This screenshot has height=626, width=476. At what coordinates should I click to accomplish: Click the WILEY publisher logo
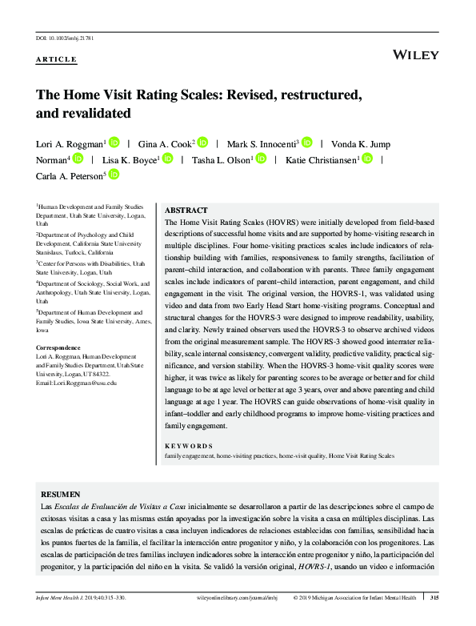(x=416, y=54)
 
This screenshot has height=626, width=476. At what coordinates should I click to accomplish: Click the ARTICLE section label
(x=56, y=60)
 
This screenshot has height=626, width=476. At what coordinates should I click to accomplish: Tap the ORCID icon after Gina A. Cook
(x=202, y=142)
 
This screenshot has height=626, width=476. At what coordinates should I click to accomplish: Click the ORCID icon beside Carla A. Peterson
(x=114, y=175)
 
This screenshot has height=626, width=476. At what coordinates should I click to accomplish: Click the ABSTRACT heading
(x=186, y=210)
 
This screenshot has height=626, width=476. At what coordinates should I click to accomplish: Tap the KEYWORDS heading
(x=189, y=446)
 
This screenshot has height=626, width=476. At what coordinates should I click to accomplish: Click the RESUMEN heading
(x=60, y=495)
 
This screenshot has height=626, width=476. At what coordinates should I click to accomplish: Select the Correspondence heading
(x=58, y=347)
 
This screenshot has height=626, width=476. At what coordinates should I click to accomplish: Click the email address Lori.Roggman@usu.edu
(x=77, y=383)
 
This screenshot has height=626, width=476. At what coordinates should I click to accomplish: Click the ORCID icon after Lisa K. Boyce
(x=167, y=159)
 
